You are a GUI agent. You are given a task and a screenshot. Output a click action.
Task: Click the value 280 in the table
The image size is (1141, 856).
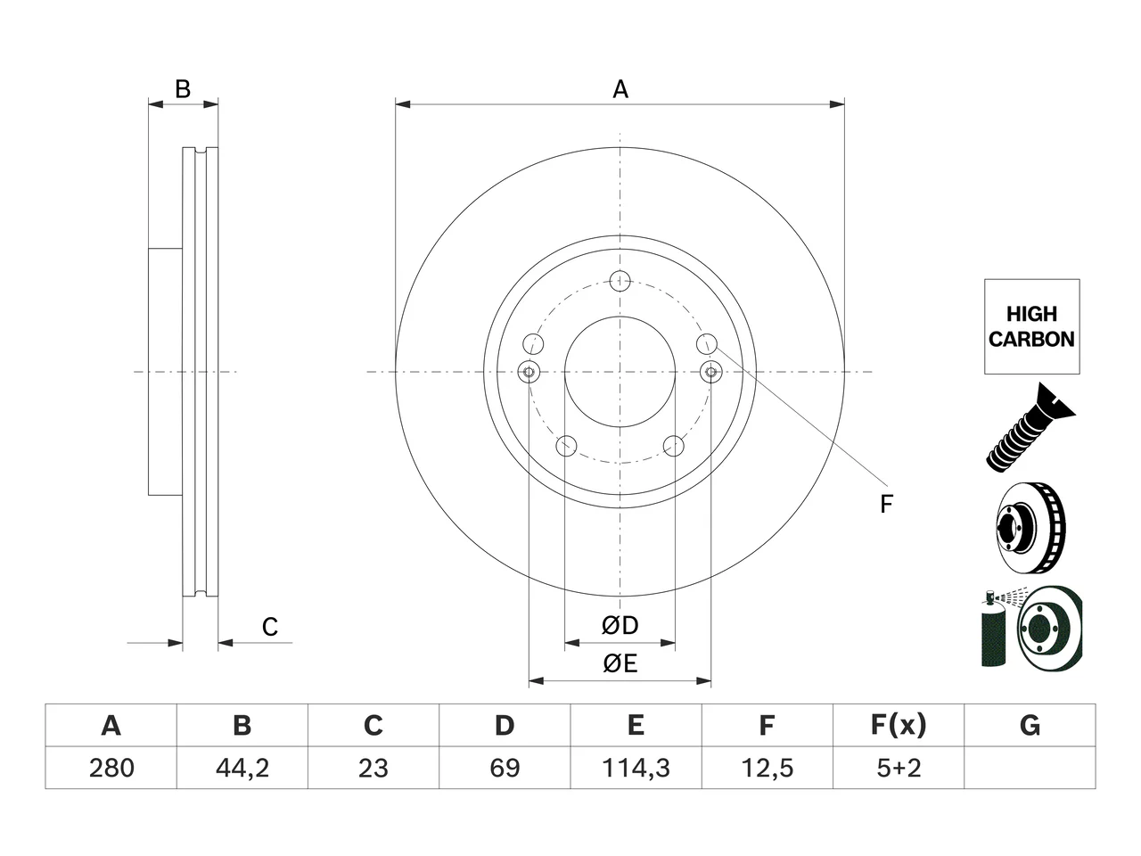(x=111, y=768)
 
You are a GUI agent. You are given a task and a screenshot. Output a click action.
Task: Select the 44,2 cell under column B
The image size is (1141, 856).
(x=242, y=768)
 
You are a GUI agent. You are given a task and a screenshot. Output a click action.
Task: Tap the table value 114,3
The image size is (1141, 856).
(x=636, y=768)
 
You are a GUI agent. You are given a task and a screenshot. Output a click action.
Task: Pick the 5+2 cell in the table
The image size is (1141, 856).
(x=899, y=768)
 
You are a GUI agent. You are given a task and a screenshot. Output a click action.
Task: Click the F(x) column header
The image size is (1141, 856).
(x=899, y=725)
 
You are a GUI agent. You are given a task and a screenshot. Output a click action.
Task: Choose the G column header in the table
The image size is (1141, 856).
(x=1030, y=725)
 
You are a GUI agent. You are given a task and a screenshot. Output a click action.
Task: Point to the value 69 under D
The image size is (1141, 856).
(x=505, y=768)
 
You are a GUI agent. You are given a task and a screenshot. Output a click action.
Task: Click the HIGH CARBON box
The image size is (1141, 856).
(x=1032, y=326)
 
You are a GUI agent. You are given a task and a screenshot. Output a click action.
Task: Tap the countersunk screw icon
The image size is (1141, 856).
(x=1030, y=428)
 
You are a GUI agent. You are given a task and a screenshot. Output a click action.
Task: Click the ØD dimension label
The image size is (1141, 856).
(x=620, y=625)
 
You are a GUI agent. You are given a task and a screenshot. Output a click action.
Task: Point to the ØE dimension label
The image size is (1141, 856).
(x=620, y=663)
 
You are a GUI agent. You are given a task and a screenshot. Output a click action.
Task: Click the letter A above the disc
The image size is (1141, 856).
(x=620, y=89)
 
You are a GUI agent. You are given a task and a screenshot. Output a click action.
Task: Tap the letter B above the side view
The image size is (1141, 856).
(x=183, y=89)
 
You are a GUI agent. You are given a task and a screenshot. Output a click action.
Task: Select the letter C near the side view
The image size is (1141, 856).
(x=270, y=627)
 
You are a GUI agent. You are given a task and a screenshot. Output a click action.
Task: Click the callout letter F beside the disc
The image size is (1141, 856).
(x=886, y=504)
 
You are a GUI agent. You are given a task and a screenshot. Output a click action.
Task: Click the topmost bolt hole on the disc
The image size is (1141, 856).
(x=620, y=281)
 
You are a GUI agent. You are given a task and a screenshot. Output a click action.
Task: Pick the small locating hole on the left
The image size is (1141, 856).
(x=529, y=372)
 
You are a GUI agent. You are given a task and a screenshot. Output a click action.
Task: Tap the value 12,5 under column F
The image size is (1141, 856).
(x=767, y=768)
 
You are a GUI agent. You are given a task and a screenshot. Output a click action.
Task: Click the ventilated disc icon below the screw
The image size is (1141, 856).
(x=1030, y=528)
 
